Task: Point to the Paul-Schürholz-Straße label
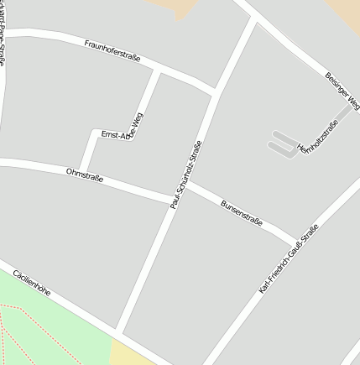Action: [x=186, y=174]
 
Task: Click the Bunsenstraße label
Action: [x=241, y=213]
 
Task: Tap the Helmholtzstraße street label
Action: [x=317, y=139]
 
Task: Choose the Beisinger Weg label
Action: [x=342, y=90]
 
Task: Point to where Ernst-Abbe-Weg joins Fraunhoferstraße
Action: [x=157, y=72]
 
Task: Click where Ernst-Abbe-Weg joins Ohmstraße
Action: [x=81, y=169]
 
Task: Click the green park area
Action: [x=50, y=327]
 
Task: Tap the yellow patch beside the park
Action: [x=130, y=352]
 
